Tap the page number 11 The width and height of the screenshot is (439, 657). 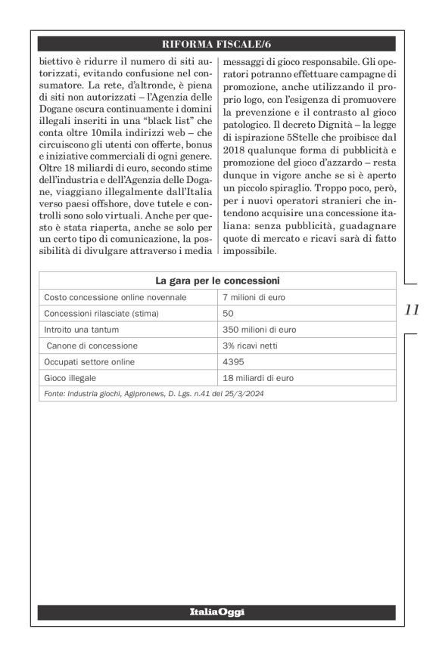[x=413, y=309]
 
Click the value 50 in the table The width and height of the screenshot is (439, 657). [x=229, y=313]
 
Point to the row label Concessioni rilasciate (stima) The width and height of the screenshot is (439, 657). [x=101, y=313]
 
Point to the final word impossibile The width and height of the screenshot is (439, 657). [x=254, y=249]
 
